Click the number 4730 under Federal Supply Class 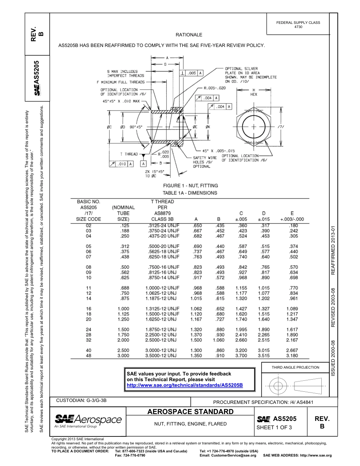[298, 27]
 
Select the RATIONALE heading [189, 35]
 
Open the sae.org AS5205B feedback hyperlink [185, 385]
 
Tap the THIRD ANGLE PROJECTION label [295, 367]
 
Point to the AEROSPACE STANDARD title [190, 412]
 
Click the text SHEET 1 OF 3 [274, 427]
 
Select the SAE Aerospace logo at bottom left [88, 421]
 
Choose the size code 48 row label [89, 356]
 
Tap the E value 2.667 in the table [292, 350]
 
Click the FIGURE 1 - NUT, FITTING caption [190, 186]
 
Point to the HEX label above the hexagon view [254, 94]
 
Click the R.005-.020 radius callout [214, 88]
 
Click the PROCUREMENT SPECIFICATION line [263, 402]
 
